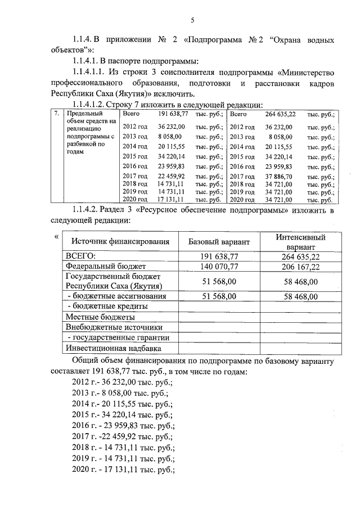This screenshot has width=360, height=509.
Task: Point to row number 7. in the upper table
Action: point(56,114)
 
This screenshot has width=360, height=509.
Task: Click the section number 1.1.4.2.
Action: point(89,210)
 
